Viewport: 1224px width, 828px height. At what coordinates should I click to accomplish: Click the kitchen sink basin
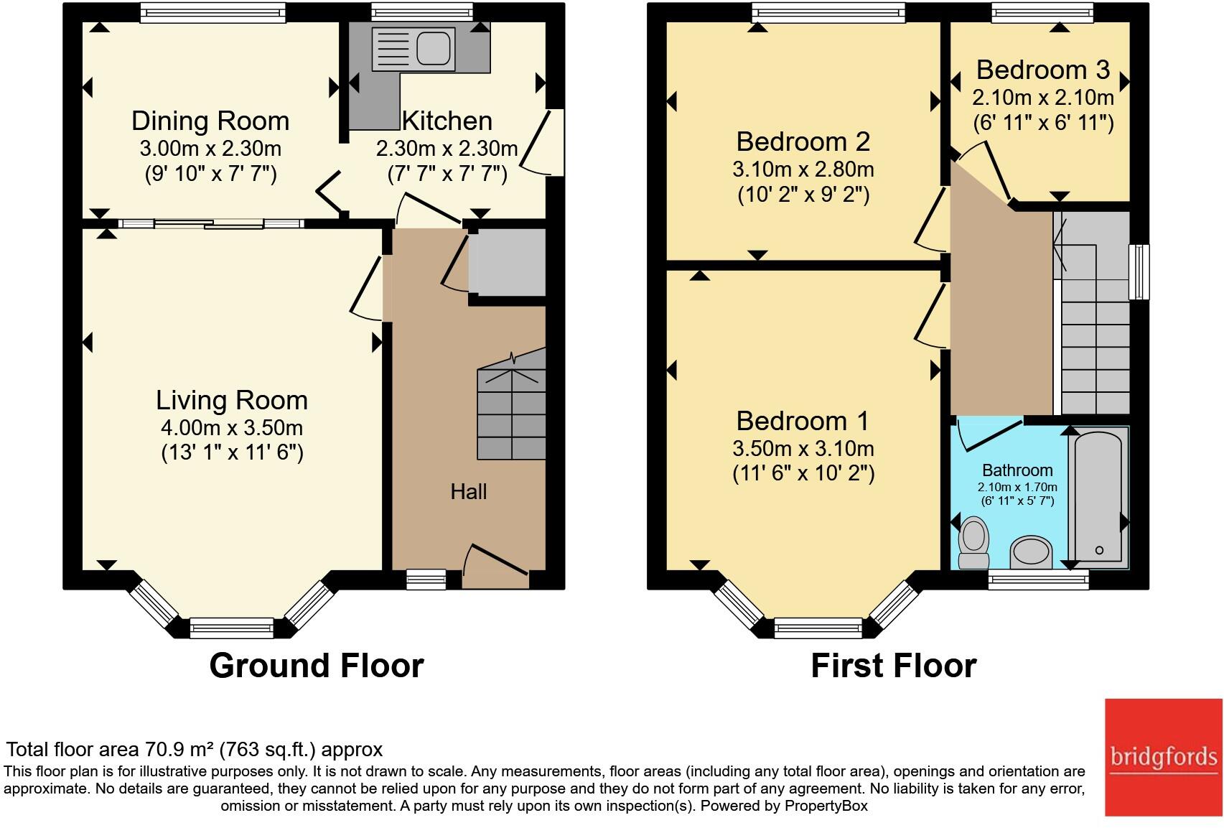pos(434,47)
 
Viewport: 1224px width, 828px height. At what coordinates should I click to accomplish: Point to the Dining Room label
pos(210,121)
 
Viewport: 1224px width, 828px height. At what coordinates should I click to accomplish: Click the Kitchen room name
pos(447,121)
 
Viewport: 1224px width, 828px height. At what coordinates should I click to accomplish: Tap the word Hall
pos(468,491)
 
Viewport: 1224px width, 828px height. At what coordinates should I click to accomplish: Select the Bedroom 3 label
pos(1043,70)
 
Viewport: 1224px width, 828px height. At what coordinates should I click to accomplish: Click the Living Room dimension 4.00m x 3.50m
pos(232,427)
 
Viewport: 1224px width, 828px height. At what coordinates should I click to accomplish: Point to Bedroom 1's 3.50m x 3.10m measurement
pos(803,448)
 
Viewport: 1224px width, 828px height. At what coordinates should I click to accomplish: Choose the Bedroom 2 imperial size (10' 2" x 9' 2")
pos(803,195)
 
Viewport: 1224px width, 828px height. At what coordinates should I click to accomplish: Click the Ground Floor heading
pos(317,666)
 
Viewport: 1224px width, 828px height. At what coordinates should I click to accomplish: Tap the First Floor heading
pos(893,666)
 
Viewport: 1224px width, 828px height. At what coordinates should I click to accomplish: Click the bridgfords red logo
pos(1164,757)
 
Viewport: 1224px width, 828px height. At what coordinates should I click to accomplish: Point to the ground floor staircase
pos(511,404)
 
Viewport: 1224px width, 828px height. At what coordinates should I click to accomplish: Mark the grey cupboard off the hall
pos(508,263)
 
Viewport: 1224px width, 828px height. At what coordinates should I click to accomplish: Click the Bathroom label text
pos(1017,470)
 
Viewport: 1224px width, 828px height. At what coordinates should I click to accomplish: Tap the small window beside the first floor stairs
pos(1139,271)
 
